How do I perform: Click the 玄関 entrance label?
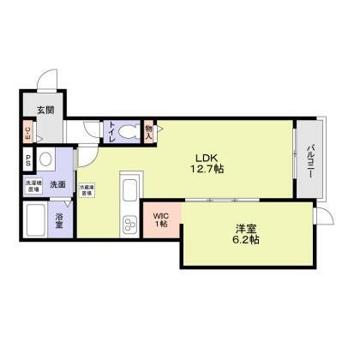point(45,110)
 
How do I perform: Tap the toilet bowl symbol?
point(128,132)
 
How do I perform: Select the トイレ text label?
point(111,132)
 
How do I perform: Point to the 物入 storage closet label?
point(148,132)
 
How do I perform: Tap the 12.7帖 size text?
point(207,170)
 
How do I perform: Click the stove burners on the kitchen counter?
point(131,226)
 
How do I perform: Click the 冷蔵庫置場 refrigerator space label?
point(87,191)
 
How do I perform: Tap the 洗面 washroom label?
point(57,184)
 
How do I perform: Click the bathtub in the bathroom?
point(36,221)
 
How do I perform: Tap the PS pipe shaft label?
point(27,159)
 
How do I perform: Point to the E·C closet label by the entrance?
point(27,132)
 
